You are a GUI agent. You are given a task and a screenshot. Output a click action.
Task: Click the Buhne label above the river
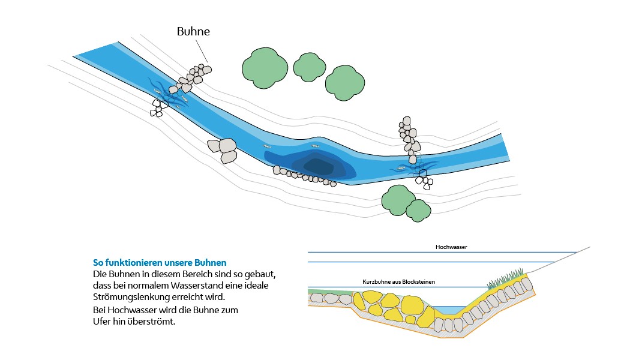pos(193,32)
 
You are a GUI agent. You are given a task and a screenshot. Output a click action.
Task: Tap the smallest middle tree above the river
pos(310,67)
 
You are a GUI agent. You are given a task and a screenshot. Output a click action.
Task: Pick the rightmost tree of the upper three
pos(344,82)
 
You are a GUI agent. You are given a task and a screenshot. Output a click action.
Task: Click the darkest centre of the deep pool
pos(318,166)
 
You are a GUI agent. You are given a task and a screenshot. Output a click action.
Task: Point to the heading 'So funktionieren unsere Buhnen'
pos(160,262)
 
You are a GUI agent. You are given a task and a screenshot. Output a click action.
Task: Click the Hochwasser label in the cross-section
pos(451,247)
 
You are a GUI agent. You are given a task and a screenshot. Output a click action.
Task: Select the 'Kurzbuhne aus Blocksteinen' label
pos(398,281)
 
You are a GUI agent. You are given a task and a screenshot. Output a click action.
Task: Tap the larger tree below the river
pos(397,200)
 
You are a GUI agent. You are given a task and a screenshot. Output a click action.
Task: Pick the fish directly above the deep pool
pos(314,146)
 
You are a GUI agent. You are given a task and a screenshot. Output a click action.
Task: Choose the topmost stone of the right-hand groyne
pos(406,121)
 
